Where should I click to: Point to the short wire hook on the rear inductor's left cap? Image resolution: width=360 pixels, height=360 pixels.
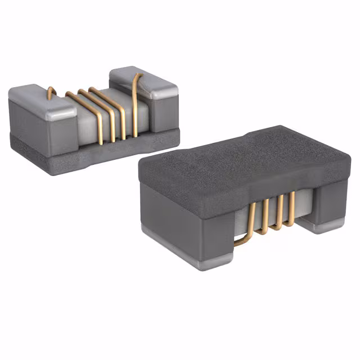[51, 92]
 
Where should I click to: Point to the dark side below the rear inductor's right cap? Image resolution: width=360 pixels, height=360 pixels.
[163, 115]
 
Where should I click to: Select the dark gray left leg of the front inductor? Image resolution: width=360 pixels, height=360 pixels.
[186, 225]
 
